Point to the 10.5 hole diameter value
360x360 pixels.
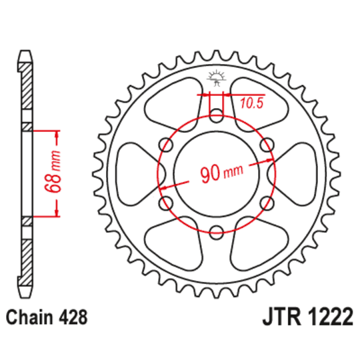tap(251, 104)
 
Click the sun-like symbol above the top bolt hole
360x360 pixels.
tap(215, 77)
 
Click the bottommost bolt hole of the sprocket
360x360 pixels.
tap(215, 232)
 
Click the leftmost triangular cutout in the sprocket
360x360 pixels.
tap(136, 174)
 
